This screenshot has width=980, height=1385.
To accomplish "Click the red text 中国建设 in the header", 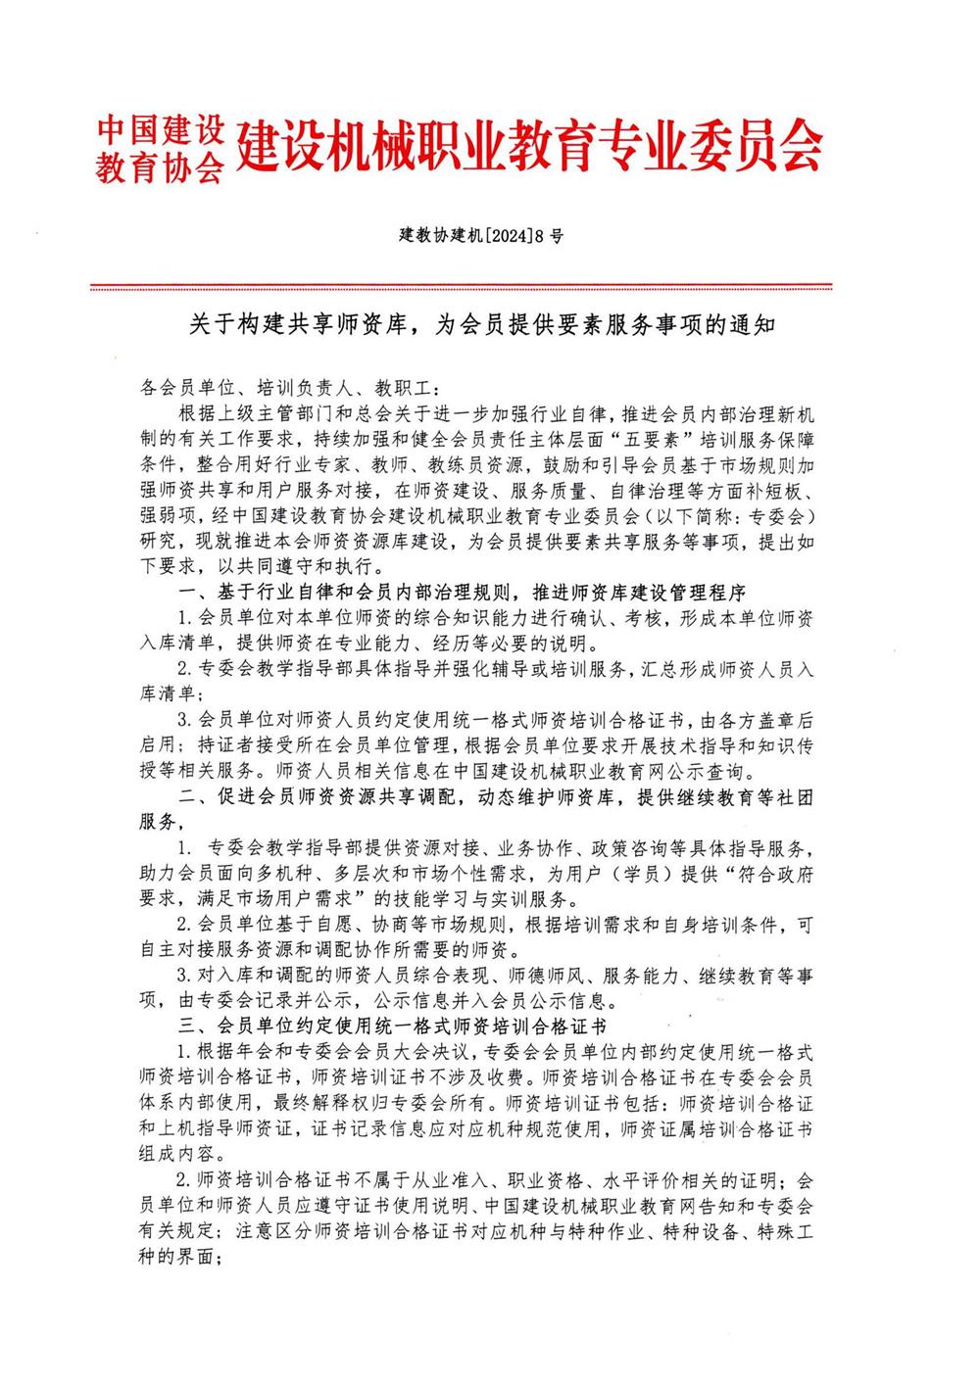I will coord(161,129).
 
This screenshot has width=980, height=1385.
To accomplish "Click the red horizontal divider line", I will coord(461,287).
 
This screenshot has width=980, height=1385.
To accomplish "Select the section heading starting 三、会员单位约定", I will coord(392,1027).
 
